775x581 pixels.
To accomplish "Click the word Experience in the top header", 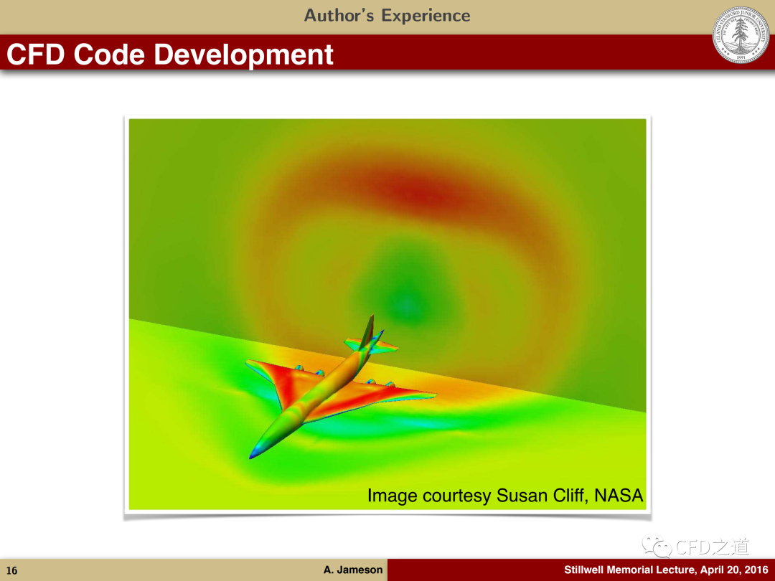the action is tap(426, 16).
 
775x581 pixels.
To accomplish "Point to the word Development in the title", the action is tap(244, 55).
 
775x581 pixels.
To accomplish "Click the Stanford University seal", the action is tap(741, 34).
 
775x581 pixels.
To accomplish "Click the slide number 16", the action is tap(12, 571).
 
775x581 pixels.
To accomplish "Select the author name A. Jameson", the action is tap(353, 570).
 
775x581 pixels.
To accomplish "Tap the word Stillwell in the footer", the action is tap(583, 570).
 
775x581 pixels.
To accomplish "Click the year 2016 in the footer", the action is tap(756, 570).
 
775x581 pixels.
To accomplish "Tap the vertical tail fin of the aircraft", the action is tap(367, 331).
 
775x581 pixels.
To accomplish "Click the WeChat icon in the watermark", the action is tap(657, 546).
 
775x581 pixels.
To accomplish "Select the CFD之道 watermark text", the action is tap(712, 547).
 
